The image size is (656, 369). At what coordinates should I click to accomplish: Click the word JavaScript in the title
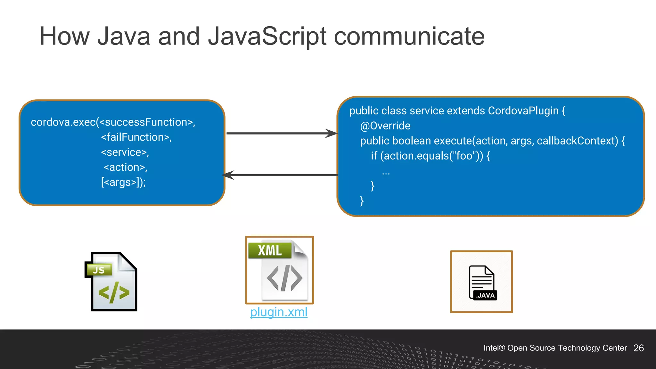click(x=267, y=37)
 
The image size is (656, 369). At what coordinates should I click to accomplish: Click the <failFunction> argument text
click(x=136, y=137)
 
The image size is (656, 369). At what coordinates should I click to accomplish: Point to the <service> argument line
click(x=125, y=152)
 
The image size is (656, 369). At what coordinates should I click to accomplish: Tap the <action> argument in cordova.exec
click(x=125, y=167)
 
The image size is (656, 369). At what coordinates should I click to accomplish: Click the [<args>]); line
click(x=123, y=182)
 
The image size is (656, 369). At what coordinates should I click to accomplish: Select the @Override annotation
click(x=385, y=126)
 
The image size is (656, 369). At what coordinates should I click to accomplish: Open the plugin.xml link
click(x=279, y=312)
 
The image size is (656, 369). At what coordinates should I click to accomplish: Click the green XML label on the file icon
click(x=270, y=250)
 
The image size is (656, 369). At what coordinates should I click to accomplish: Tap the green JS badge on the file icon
click(x=99, y=270)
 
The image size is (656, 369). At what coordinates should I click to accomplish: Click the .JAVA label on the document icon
click(x=485, y=295)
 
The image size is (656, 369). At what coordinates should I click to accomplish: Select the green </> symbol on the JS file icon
click(x=114, y=292)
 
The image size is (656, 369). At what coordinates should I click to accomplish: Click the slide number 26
click(x=638, y=348)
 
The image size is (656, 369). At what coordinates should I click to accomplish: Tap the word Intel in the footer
click(x=491, y=348)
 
